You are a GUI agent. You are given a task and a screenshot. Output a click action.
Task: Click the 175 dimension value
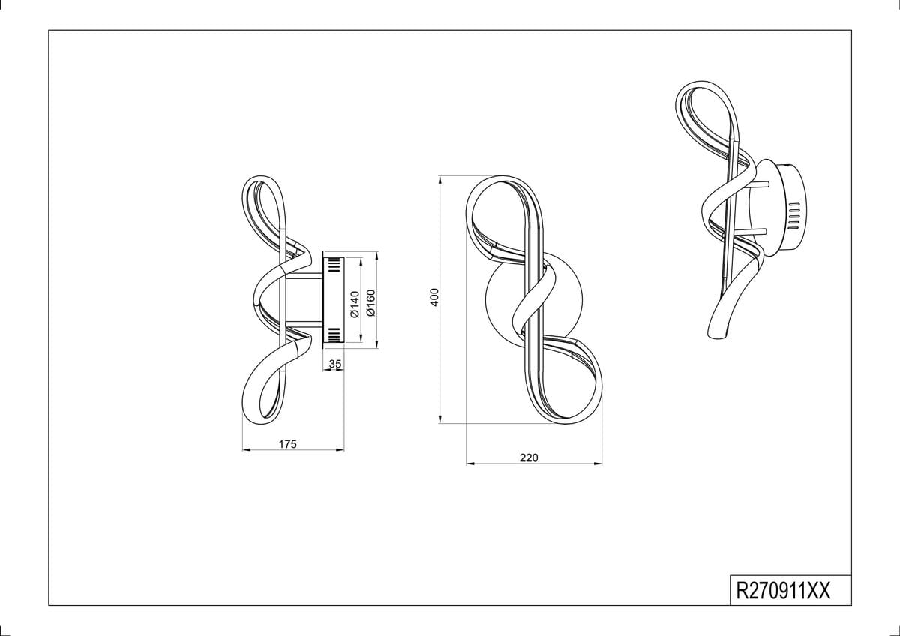288,444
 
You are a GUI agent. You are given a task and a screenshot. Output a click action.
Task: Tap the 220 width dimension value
529,457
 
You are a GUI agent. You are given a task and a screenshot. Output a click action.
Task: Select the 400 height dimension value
434,297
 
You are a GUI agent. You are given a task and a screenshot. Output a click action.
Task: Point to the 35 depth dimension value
335,364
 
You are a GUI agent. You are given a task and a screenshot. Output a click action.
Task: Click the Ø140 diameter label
354,304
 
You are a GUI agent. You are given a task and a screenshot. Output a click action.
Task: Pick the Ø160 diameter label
370,302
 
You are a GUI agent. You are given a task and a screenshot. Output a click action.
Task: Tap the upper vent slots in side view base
334,265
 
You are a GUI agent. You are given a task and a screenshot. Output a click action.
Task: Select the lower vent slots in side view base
334,334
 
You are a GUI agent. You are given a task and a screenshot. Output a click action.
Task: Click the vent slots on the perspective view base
795,216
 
